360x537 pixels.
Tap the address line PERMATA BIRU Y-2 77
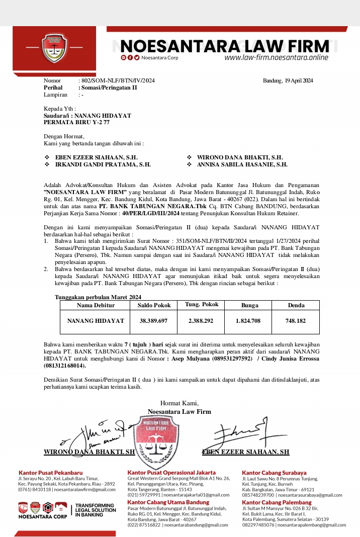click(76, 122)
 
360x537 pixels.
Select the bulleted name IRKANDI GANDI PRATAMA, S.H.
click(103, 164)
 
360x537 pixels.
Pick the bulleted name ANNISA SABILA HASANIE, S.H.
click(242, 164)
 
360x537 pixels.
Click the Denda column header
click(296, 305)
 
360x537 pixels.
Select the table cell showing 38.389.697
click(153, 320)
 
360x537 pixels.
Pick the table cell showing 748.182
click(296, 320)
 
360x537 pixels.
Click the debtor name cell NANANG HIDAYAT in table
click(96, 320)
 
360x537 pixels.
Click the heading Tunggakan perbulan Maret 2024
click(98, 297)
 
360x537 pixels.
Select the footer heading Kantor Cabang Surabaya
click(274, 473)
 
